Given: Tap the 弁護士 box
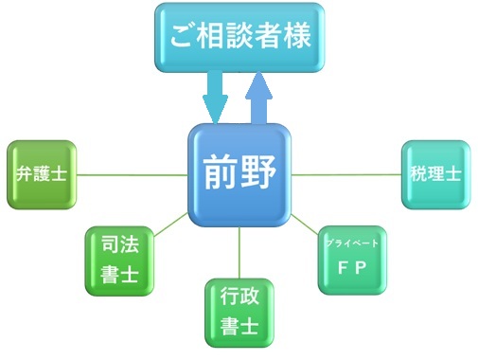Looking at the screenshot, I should tap(39, 174).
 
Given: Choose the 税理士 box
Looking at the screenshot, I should tap(435, 174).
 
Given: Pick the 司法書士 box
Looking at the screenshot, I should tap(117, 261).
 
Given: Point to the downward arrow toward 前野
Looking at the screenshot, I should tap(217, 98).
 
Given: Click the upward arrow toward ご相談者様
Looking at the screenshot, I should tap(261, 99).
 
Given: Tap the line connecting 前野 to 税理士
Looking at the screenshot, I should tap(345, 174).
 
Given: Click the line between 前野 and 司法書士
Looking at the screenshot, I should tap(170, 224).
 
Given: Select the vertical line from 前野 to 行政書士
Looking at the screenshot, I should tap(239, 253).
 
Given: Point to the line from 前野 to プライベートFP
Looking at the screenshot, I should tap(305, 225).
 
